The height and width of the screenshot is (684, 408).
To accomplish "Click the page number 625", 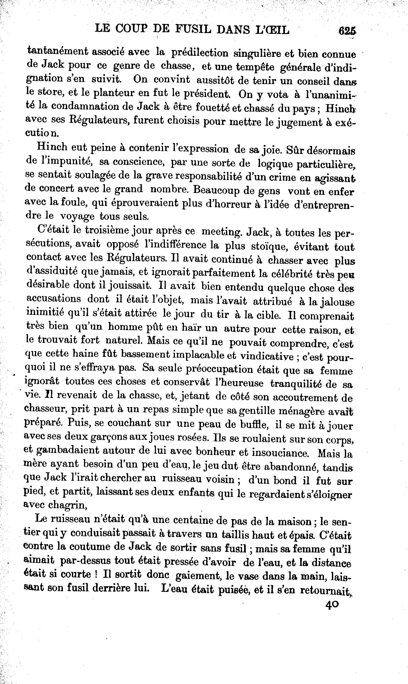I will click(x=347, y=30).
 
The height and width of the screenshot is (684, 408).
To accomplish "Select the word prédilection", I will click(x=200, y=53).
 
